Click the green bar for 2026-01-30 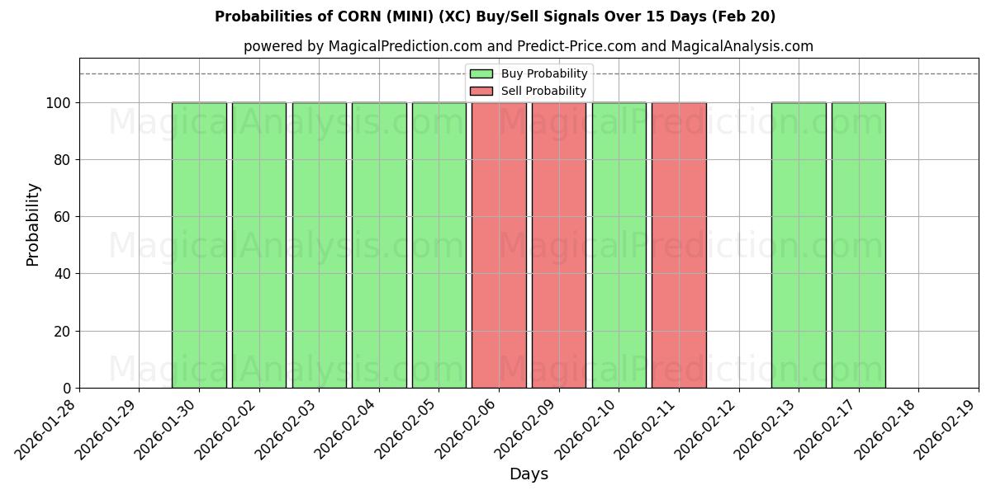[x=199, y=245]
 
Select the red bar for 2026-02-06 [x=499, y=245]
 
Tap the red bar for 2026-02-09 [x=559, y=245]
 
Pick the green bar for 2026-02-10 [x=619, y=245]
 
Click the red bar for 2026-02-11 [x=679, y=245]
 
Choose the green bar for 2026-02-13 [x=799, y=245]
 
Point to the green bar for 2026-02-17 [x=859, y=245]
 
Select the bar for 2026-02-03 [x=319, y=245]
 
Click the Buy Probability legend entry [x=529, y=73]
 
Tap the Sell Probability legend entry [x=529, y=91]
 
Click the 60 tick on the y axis [x=65, y=217]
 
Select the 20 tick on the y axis [x=65, y=332]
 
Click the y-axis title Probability [x=33, y=224]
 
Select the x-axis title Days [x=529, y=474]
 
